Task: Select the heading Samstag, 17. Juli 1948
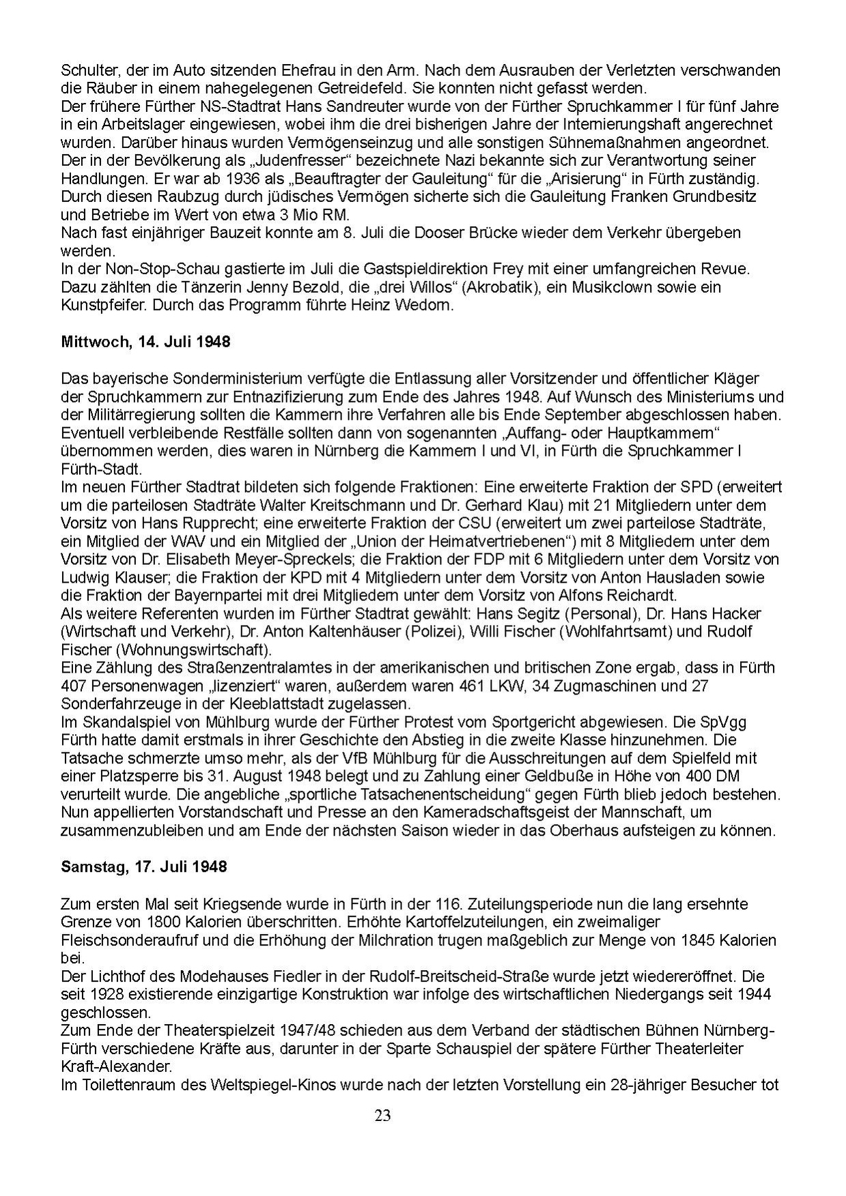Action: pos(143,867)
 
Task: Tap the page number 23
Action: pos(382,1115)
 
